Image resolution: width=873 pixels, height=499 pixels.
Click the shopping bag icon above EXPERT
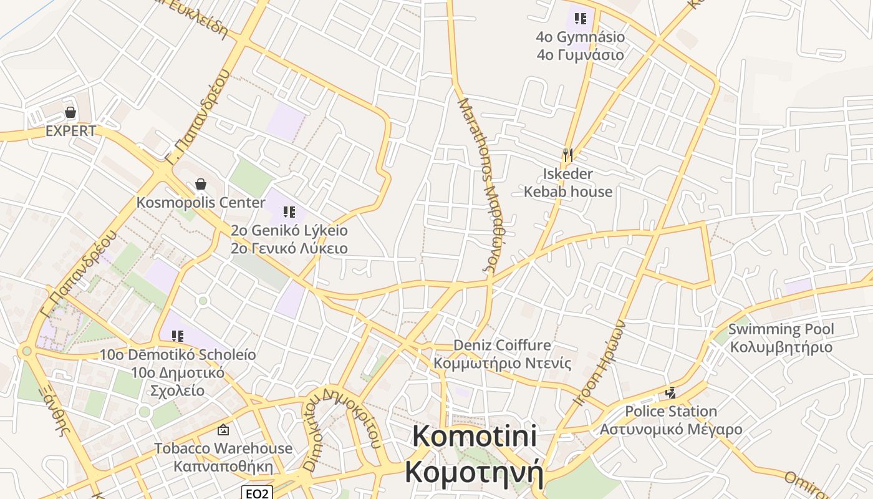[70, 113]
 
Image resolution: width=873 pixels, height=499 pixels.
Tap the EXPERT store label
[70, 131]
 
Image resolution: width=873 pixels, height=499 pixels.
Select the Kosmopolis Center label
[201, 203]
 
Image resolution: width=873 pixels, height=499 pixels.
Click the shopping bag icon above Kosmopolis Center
[201, 184]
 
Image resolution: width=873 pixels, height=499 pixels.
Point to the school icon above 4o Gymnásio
[581, 19]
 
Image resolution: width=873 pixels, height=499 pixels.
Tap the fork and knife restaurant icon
[567, 155]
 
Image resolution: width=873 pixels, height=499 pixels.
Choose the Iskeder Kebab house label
[567, 182]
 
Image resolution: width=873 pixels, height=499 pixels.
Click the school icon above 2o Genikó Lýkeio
[289, 212]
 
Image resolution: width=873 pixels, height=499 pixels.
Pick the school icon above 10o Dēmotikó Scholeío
[178, 336]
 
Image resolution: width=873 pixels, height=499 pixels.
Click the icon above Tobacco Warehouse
[223, 430]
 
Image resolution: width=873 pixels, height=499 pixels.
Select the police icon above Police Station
[671, 393]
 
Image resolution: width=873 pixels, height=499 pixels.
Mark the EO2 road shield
[257, 493]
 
